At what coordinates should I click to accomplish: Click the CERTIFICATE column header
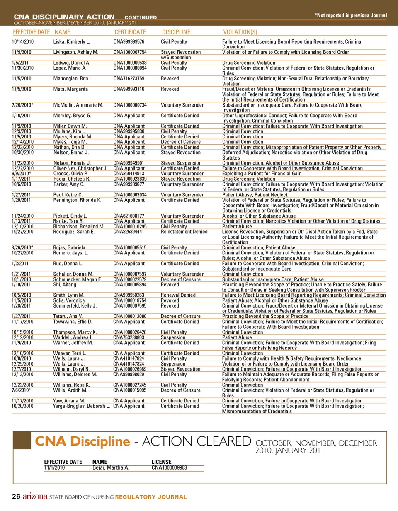tap(130, 32)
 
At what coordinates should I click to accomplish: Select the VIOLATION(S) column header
tap(240, 32)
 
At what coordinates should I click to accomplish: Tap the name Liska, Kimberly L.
tap(71, 41)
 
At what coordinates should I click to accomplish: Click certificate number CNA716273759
tap(129, 78)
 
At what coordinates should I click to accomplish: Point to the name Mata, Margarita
tap(70, 89)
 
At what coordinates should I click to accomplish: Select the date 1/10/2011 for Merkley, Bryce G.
tap(21, 116)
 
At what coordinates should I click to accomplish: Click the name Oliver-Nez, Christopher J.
tap(80, 168)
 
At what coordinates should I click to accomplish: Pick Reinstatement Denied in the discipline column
tap(184, 232)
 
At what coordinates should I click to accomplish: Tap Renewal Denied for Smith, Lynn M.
tap(178, 295)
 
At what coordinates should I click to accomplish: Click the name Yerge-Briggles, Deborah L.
tap(81, 406)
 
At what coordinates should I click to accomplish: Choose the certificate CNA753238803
tap(129, 337)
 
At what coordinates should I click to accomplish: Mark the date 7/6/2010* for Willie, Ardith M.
tap(21, 390)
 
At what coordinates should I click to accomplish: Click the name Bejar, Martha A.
tap(111, 467)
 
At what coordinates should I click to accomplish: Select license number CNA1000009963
tap(169, 467)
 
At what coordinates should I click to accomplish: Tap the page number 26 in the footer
tap(16, 496)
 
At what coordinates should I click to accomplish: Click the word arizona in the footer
tap(35, 496)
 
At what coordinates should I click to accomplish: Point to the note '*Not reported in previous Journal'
tap(351, 15)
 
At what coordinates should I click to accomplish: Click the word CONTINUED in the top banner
tap(141, 17)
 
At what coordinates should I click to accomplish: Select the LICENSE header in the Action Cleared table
tap(161, 462)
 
